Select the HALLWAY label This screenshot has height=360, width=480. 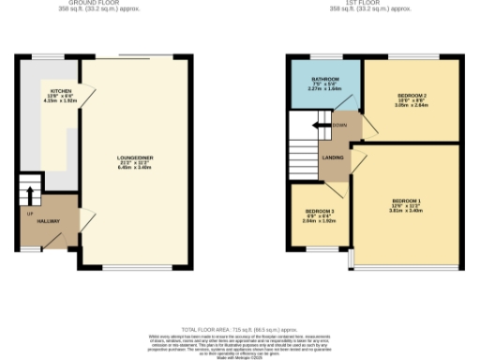(49, 221)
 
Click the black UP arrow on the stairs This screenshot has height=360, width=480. (29, 196)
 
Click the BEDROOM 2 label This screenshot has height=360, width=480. (412, 96)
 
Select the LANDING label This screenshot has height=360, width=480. (332, 157)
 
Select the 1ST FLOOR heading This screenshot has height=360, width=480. (372, 4)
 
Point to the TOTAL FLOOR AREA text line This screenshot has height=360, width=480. (239, 327)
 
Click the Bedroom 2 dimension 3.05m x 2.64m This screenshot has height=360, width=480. (412, 107)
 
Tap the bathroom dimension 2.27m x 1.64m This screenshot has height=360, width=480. (324, 88)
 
